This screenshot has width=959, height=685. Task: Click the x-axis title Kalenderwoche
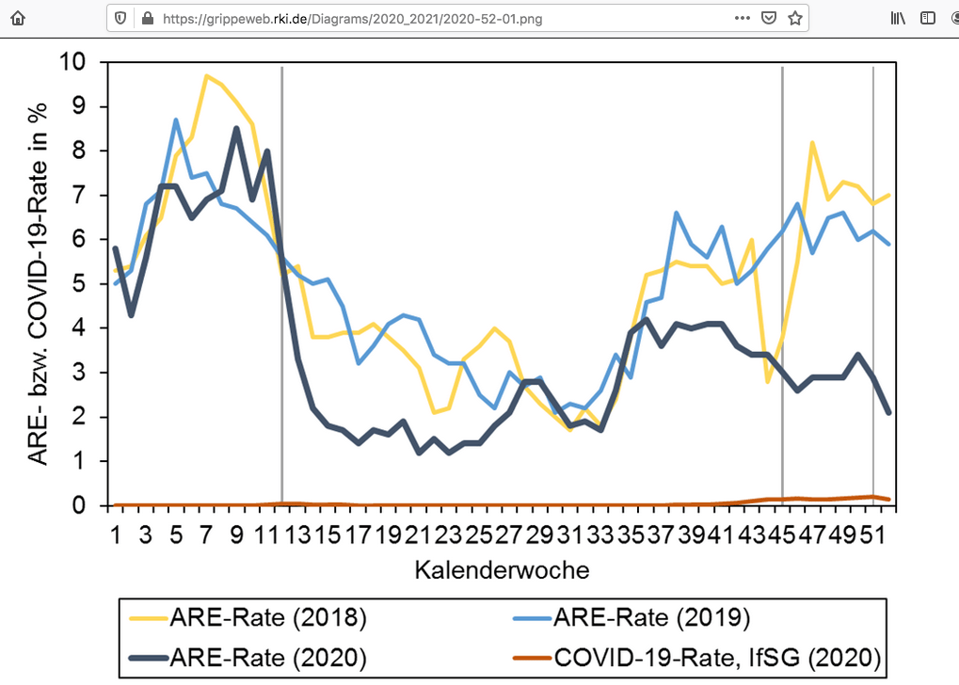click(502, 570)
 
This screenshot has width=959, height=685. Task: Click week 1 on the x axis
click(115, 535)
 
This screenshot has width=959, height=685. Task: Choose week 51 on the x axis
click(873, 535)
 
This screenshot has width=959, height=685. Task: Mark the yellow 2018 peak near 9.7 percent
click(206, 76)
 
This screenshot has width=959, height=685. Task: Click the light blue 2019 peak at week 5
click(176, 120)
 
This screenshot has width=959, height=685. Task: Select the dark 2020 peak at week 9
click(236, 129)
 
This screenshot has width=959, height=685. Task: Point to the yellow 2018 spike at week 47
click(812, 143)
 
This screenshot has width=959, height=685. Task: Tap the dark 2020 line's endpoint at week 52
click(888, 412)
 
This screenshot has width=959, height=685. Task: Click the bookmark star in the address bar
click(794, 18)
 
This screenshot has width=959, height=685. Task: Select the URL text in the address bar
click(353, 18)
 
